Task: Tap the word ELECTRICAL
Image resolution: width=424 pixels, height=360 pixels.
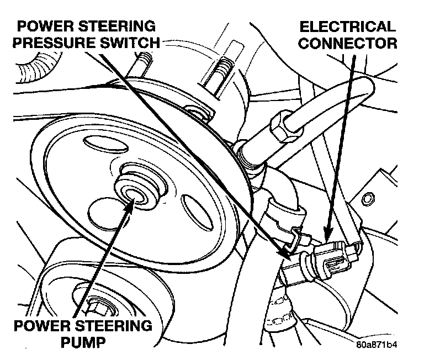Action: click(x=348, y=27)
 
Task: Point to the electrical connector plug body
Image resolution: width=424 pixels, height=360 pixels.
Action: click(x=331, y=258)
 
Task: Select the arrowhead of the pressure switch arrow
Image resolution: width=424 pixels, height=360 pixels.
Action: click(x=287, y=253)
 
